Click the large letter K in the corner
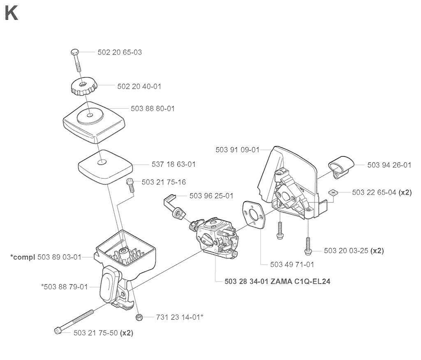[11, 13]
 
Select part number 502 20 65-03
[120, 52]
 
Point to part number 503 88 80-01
[153, 109]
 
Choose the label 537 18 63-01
[174, 164]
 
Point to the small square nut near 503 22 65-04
[332, 192]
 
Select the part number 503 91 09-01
[238, 150]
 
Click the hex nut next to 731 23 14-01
[139, 317]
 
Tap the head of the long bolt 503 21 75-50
[58, 331]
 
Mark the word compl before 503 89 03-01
[23, 257]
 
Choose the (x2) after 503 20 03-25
[377, 251]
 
